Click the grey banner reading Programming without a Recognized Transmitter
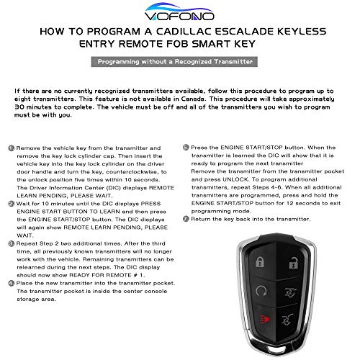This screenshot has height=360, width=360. [x=179, y=63]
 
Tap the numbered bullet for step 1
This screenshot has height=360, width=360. [x=11, y=146]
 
